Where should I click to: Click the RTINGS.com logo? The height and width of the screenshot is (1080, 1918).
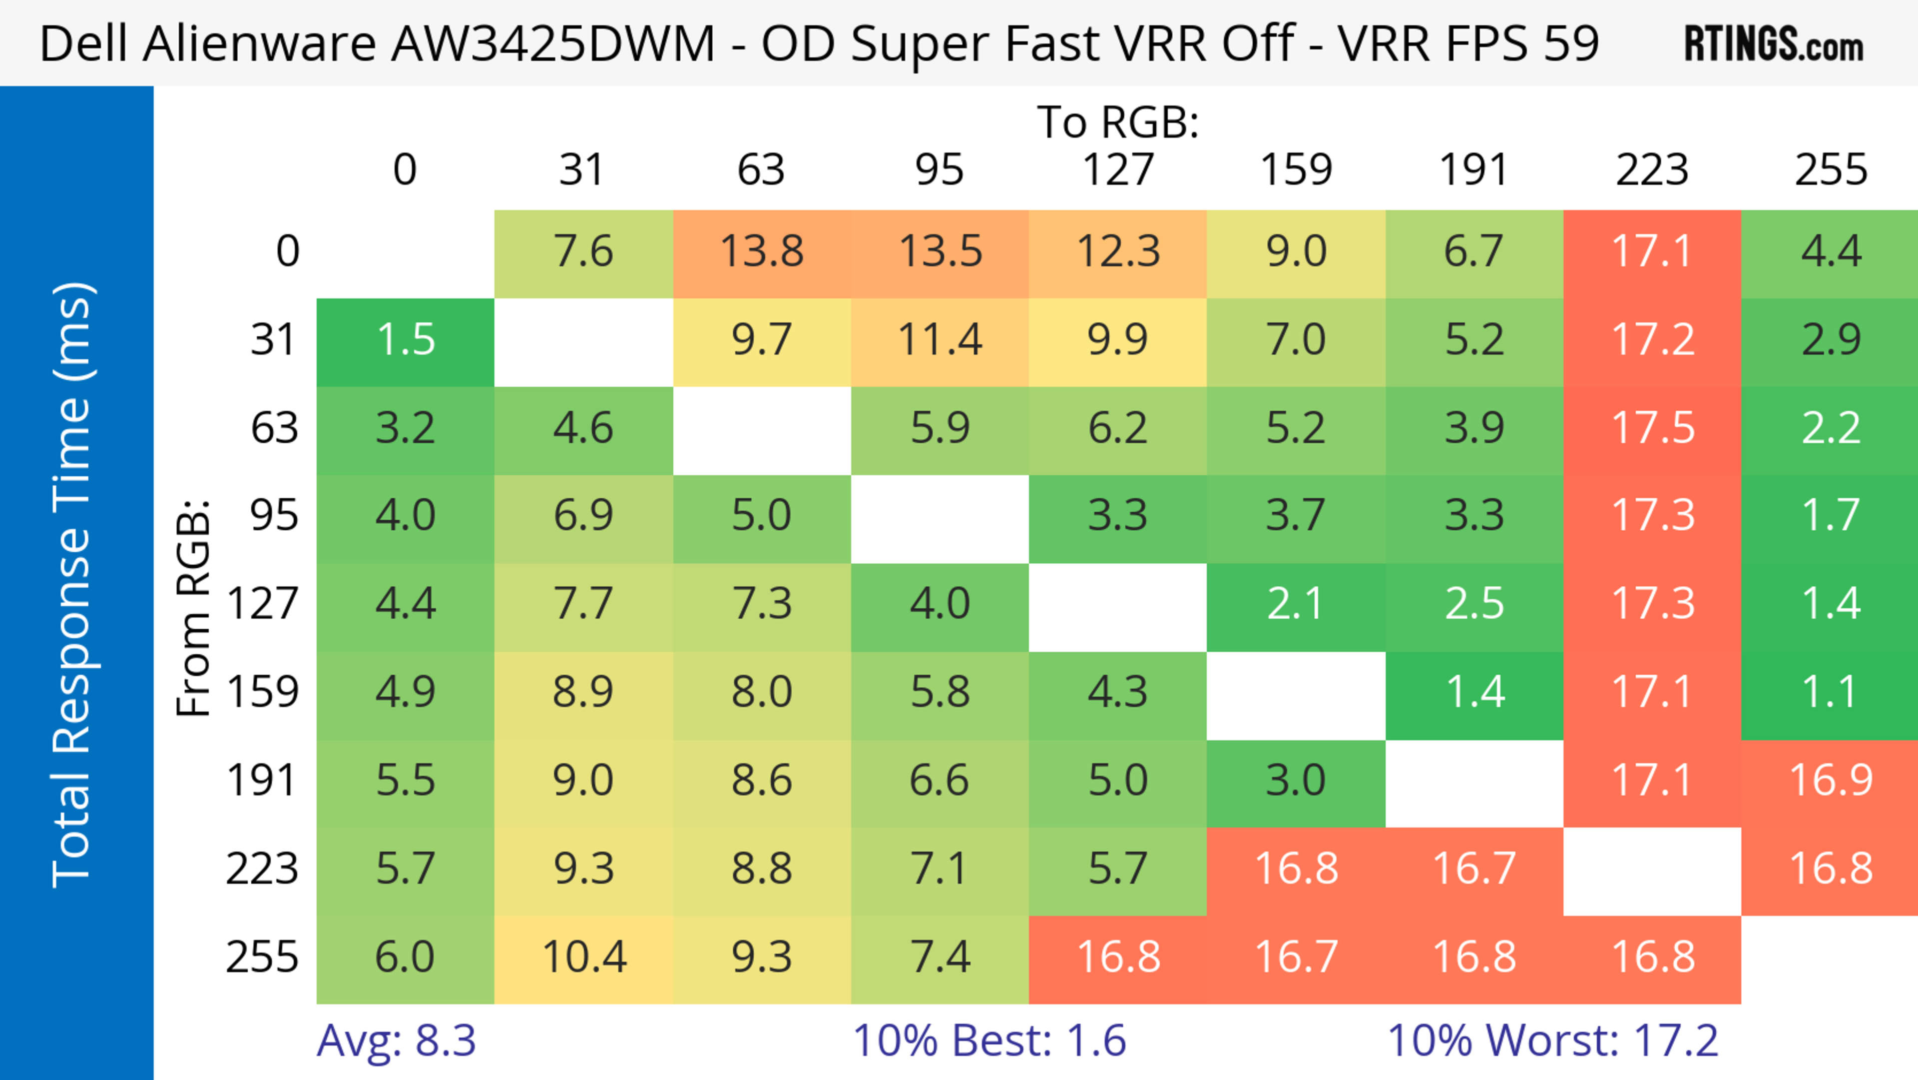[x=1774, y=43]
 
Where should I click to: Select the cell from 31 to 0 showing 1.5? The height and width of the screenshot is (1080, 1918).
[x=406, y=340]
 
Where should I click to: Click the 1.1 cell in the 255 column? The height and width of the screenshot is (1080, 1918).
[x=1830, y=693]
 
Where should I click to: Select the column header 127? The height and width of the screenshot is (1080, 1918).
[x=1118, y=170]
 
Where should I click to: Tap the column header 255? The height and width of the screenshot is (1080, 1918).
[x=1830, y=170]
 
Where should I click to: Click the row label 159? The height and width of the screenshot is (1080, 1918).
[x=263, y=693]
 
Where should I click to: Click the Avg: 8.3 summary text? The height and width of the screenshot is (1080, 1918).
[x=396, y=1041]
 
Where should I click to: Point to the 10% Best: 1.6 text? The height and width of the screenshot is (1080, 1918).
[x=989, y=1041]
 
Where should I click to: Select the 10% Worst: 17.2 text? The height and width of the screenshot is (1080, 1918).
[x=1552, y=1041]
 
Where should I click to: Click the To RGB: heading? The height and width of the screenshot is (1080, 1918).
[x=1118, y=122]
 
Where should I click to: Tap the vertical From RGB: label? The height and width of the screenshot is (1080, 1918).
[x=193, y=607]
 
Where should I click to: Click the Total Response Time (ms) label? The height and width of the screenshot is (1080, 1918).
[x=73, y=585]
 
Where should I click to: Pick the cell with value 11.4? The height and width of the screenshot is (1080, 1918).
[x=940, y=340]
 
